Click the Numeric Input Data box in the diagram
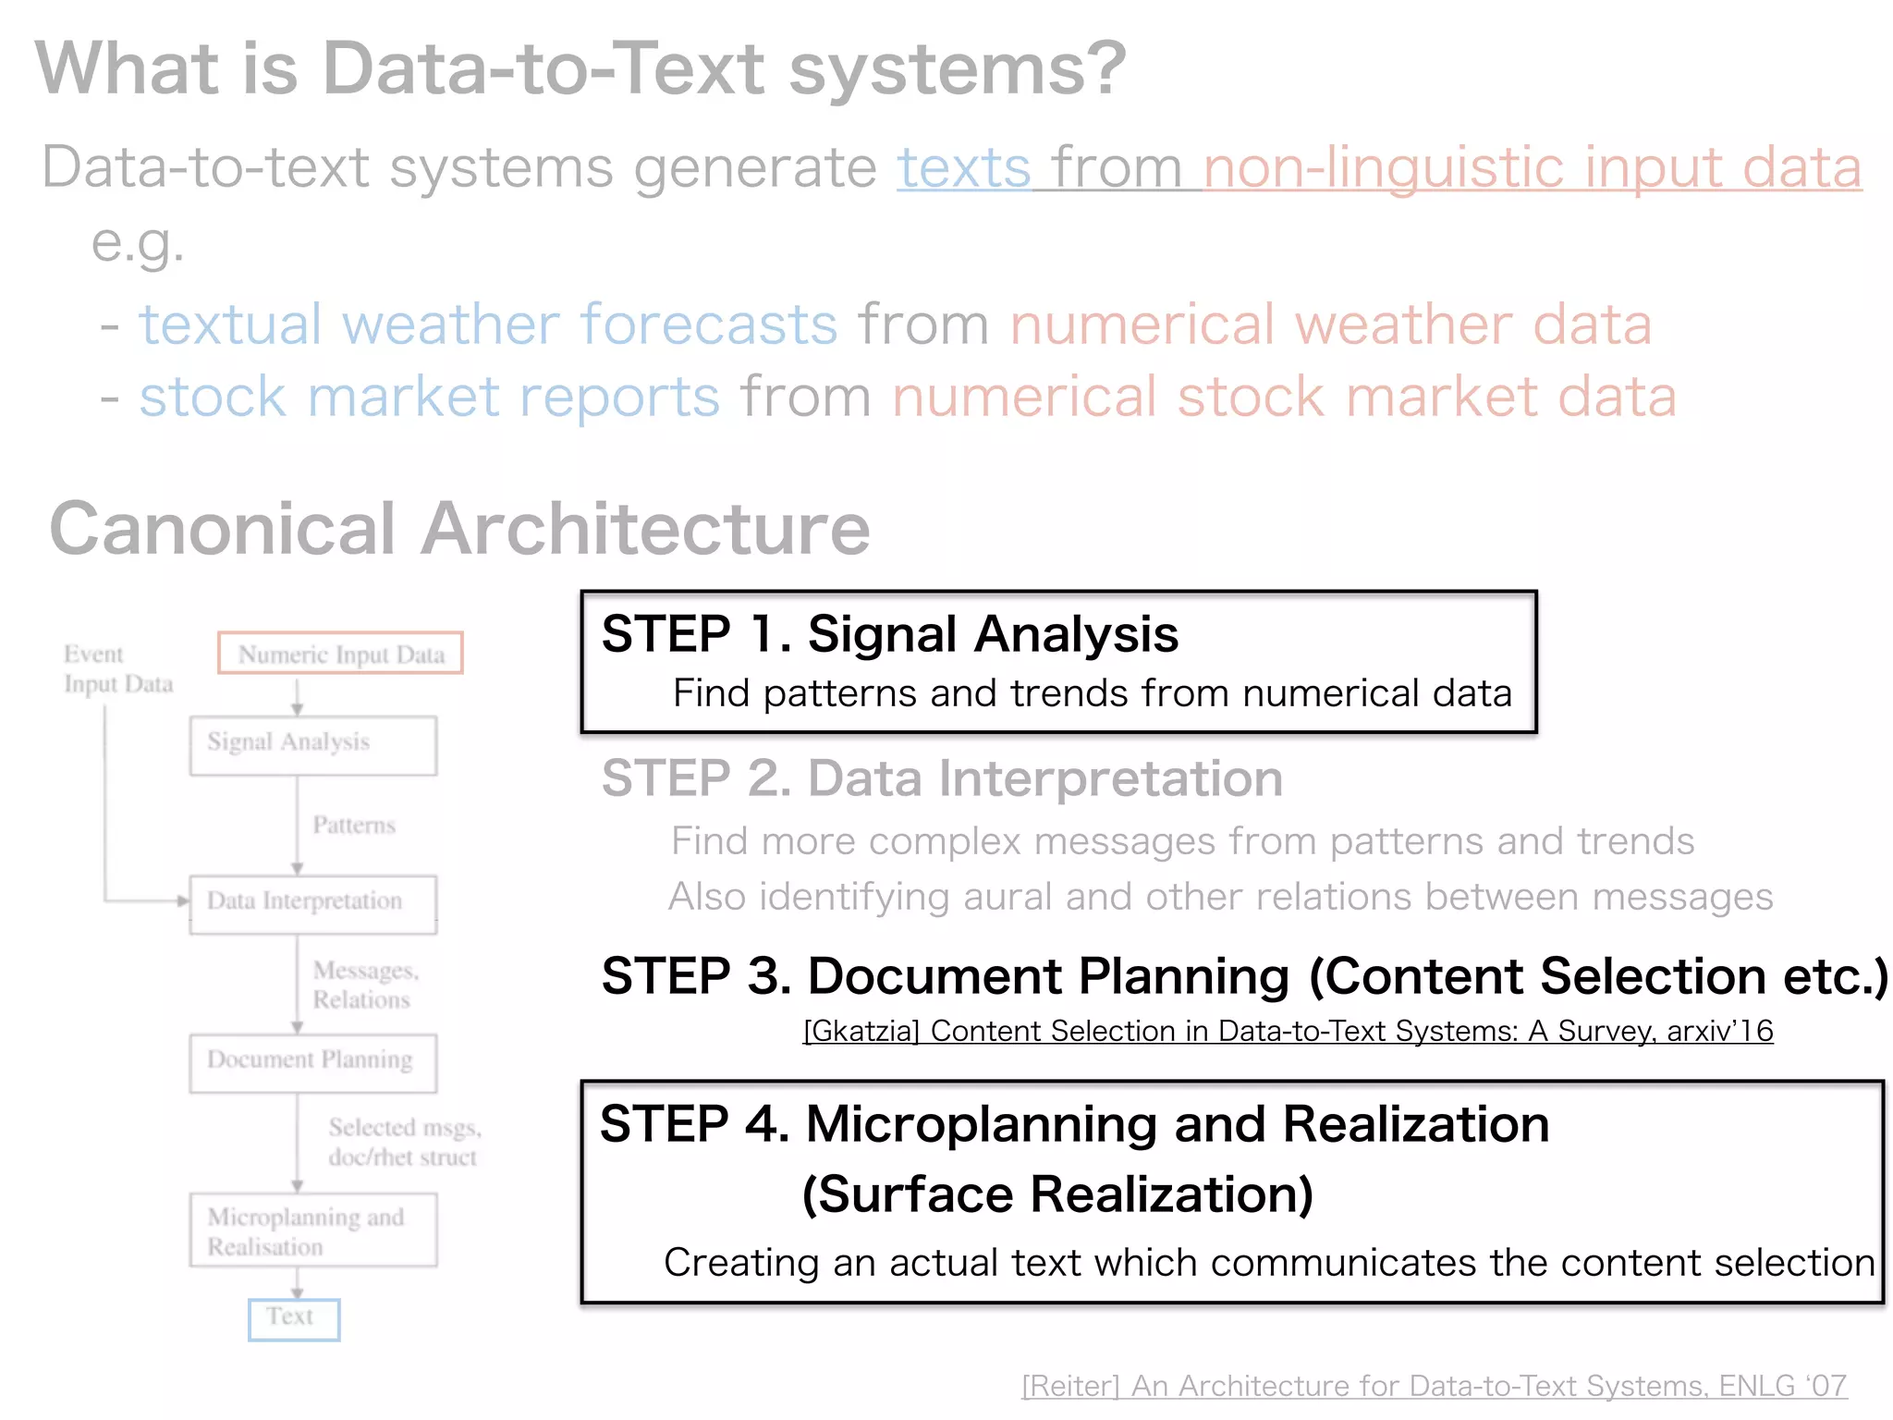[340, 654]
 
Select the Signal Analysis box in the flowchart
[312, 745]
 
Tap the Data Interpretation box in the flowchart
[312, 903]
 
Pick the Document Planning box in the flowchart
[312, 1062]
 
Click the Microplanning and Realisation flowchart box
[312, 1230]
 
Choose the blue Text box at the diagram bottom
[293, 1318]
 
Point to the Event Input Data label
[117, 669]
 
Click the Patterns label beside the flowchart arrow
[353, 825]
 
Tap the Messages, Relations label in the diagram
[365, 985]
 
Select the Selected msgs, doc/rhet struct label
[404, 1143]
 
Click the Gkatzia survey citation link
[1288, 1031]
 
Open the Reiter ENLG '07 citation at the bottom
[1434, 1386]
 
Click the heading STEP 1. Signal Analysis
[889, 635]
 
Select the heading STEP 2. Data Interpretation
[941, 778]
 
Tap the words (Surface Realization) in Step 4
[1057, 1194]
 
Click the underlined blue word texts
[963, 168]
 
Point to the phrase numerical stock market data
[1284, 398]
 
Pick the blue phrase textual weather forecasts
[488, 325]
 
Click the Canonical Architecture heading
[459, 529]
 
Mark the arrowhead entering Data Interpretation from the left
[183, 900]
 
